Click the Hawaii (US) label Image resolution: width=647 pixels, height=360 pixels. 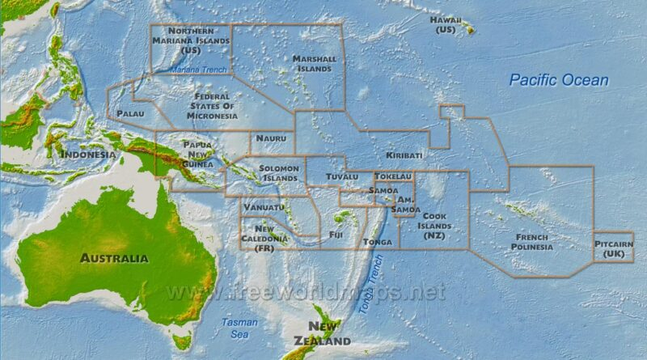click(x=446, y=24)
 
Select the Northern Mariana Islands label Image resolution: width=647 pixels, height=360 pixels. click(x=191, y=40)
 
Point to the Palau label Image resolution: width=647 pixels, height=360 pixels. click(x=130, y=114)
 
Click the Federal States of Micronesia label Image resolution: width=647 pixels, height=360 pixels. click(x=212, y=106)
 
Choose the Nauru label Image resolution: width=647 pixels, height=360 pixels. click(x=271, y=138)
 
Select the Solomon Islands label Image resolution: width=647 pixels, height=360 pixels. click(x=280, y=173)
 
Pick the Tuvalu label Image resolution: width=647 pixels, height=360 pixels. click(x=342, y=176)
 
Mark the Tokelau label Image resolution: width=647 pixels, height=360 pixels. click(x=393, y=176)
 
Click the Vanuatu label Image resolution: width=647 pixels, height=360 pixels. click(x=264, y=207)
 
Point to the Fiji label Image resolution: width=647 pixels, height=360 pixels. click(x=336, y=235)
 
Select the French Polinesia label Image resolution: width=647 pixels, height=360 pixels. click(x=532, y=241)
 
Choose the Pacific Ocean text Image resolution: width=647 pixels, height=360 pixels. click(x=559, y=80)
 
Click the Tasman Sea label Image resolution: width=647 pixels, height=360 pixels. click(x=240, y=328)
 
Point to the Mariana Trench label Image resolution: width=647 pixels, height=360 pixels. click(x=199, y=71)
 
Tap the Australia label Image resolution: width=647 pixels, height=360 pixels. click(x=114, y=258)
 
